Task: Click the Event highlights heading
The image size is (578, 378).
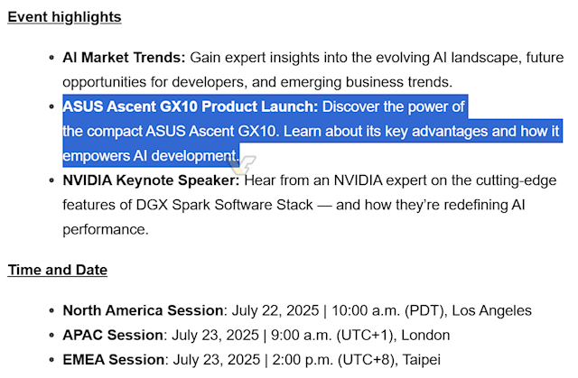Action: (64, 17)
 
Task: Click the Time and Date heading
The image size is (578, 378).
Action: (58, 270)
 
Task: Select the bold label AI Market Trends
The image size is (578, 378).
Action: (124, 58)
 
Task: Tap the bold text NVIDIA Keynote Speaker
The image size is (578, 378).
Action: (151, 180)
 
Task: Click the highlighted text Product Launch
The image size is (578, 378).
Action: (259, 106)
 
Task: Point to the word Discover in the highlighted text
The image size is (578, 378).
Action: (351, 106)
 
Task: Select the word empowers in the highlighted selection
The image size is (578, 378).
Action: (96, 156)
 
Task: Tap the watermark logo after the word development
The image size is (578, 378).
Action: (242, 163)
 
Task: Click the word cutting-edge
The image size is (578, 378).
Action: (516, 180)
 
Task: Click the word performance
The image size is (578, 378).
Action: (106, 230)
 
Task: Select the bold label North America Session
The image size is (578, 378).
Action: (143, 310)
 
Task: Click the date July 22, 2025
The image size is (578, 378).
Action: (275, 310)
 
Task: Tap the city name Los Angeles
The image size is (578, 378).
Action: (491, 310)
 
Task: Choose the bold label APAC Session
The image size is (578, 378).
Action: (113, 335)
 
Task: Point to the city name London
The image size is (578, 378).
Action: (425, 335)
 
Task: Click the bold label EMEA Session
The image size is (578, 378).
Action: (114, 360)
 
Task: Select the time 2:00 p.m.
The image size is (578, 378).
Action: (303, 360)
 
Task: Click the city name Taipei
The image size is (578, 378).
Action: (422, 360)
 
